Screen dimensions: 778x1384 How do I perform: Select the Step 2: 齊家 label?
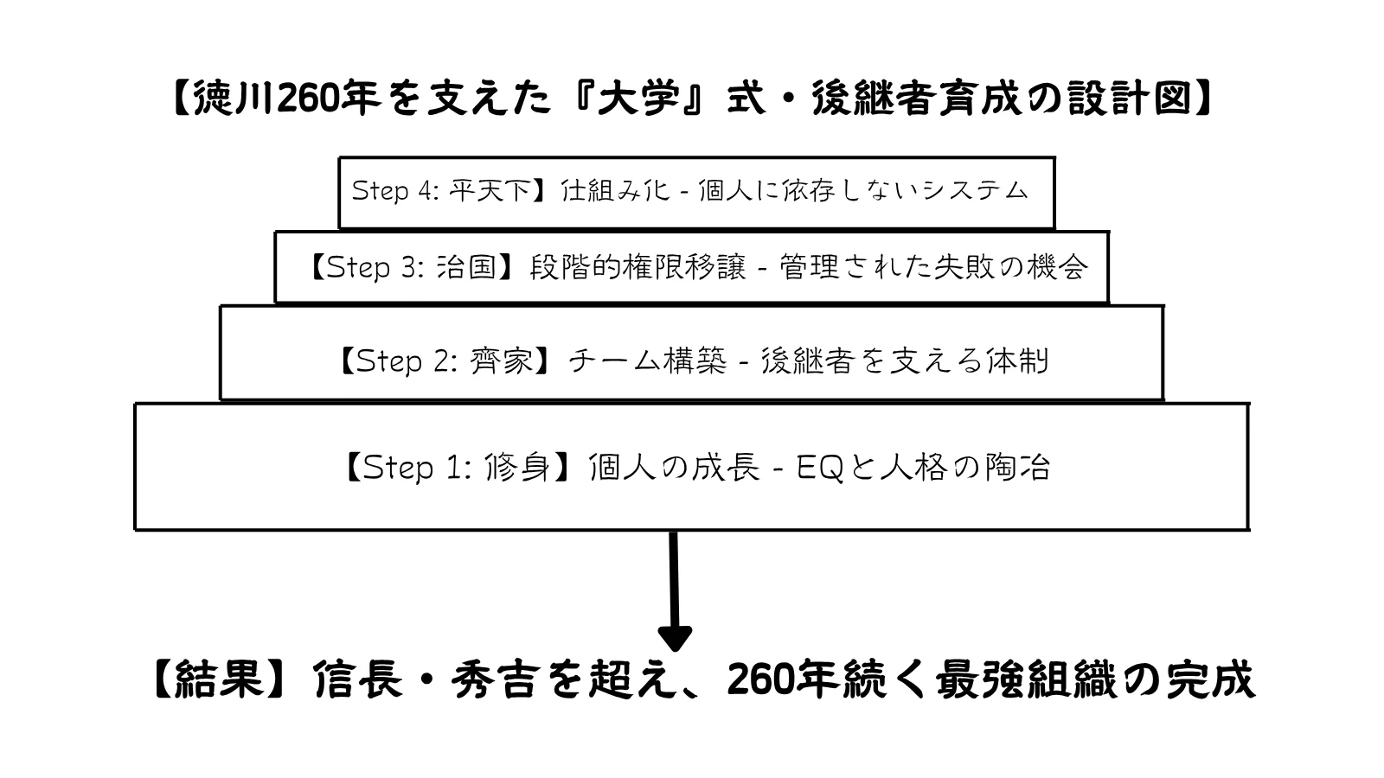(446, 360)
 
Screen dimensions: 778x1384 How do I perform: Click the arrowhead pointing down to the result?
(675, 639)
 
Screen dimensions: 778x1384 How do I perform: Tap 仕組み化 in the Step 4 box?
(615, 190)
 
